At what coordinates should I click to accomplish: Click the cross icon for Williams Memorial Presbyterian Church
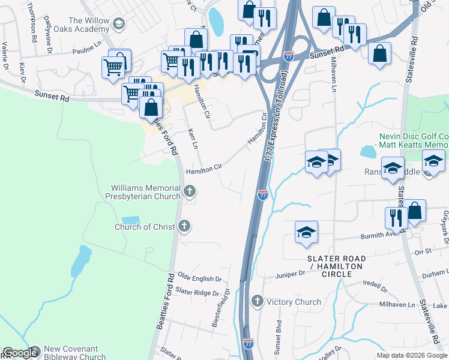(190, 192)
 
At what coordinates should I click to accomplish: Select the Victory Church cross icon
(258, 301)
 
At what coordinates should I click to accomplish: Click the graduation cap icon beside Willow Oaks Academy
(119, 24)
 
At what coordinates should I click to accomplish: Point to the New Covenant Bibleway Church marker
(34, 352)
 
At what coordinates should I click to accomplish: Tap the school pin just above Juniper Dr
(306, 232)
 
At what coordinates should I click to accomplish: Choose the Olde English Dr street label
(200, 279)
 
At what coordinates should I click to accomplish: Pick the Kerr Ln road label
(193, 138)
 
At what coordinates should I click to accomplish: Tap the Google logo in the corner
(20, 353)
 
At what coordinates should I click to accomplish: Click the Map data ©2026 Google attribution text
(412, 355)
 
